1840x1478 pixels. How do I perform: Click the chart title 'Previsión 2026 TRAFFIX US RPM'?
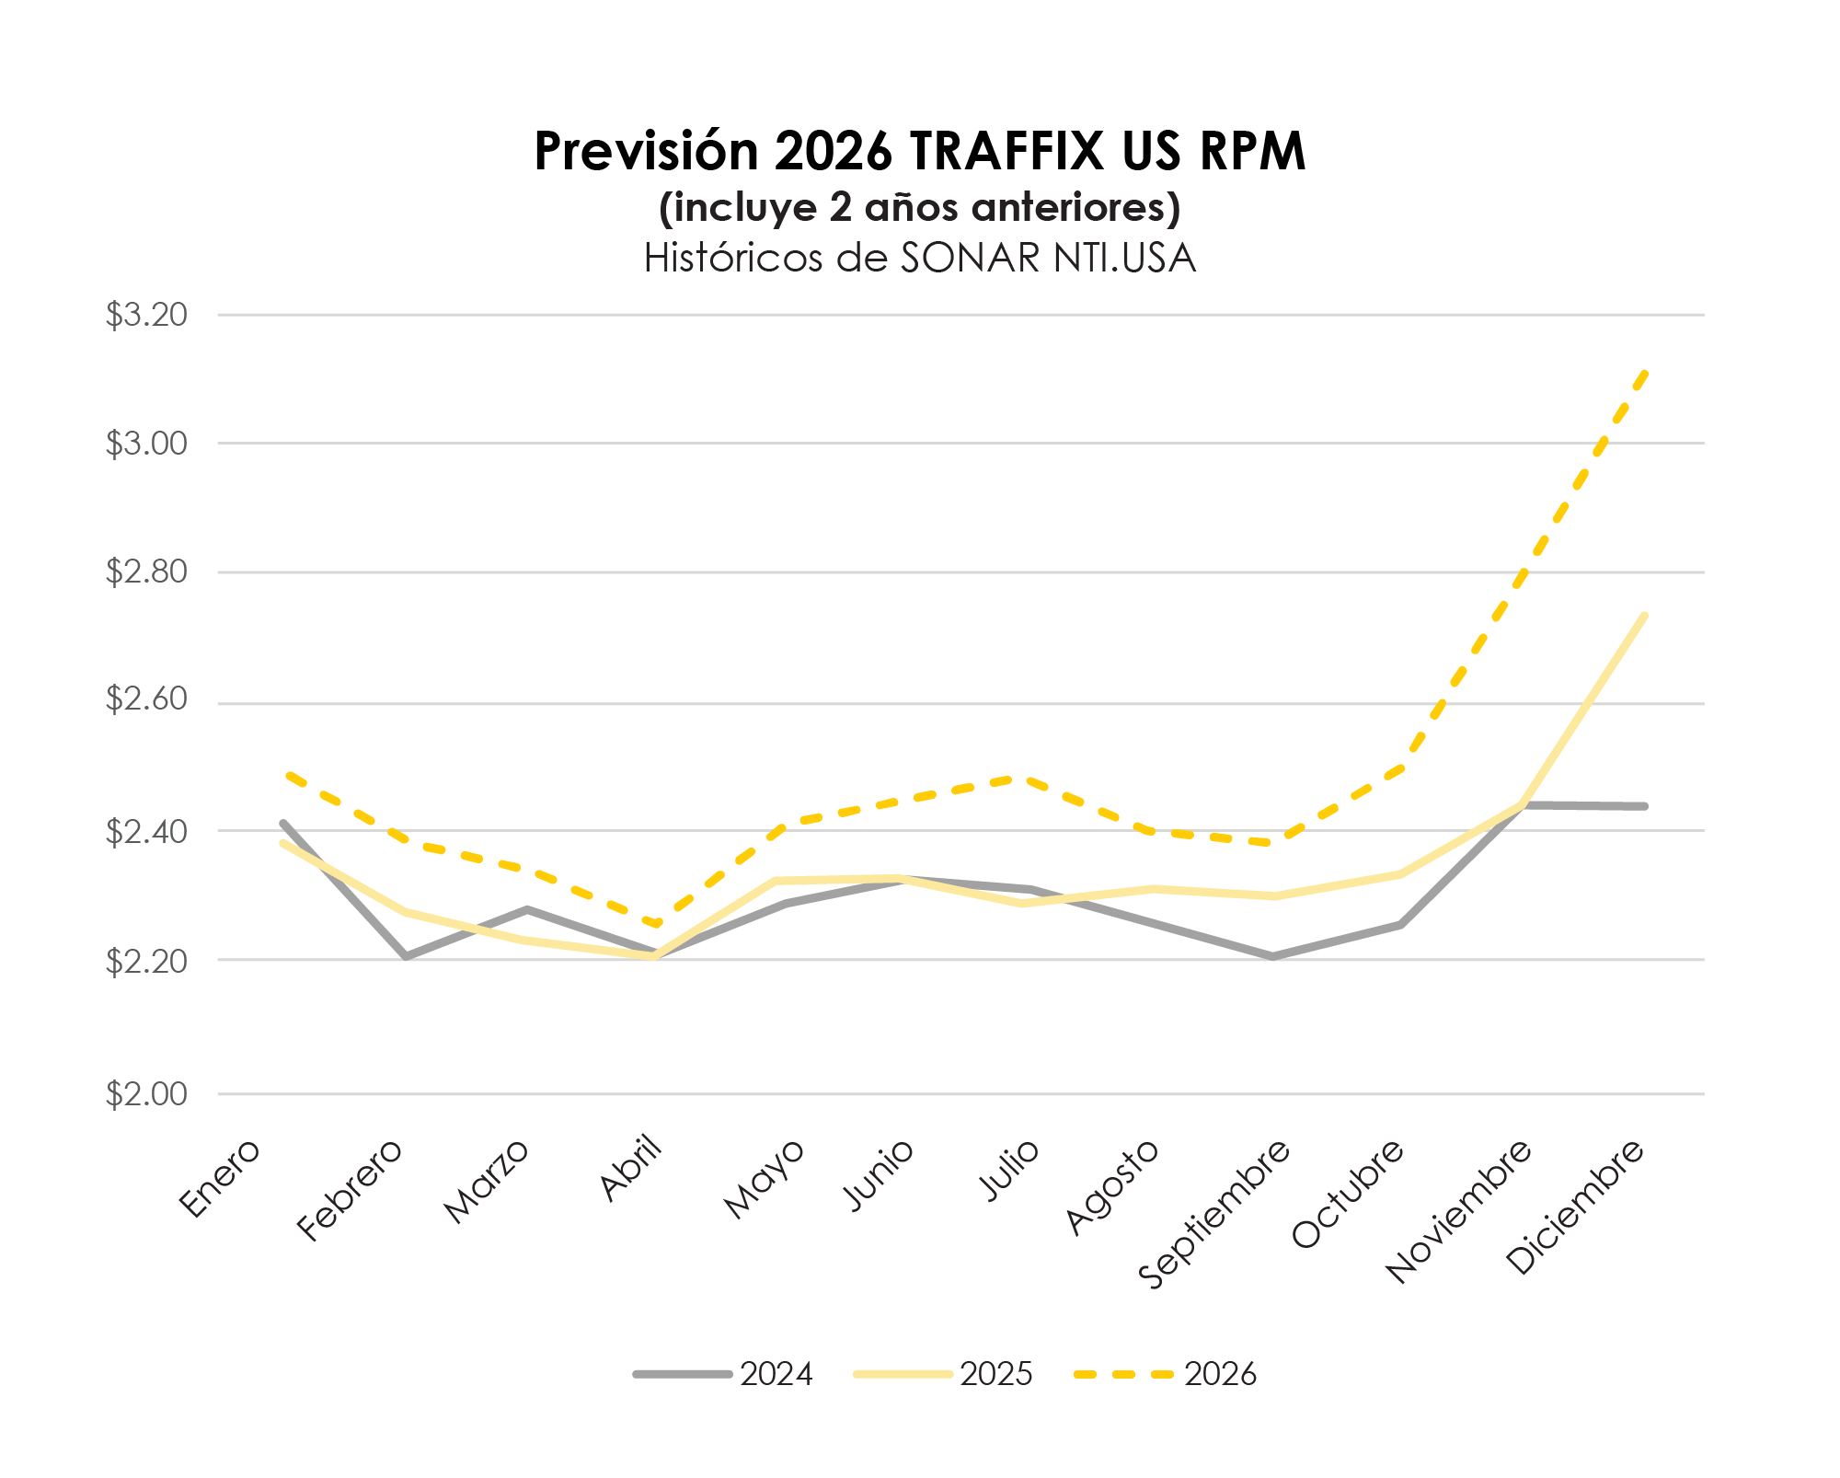click(920, 151)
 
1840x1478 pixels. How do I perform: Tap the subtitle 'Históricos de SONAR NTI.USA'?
click(920, 259)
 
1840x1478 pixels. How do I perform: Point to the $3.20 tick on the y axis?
click(146, 316)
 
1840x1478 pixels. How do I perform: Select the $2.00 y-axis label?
click(146, 1094)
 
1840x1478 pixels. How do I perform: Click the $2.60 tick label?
click(146, 700)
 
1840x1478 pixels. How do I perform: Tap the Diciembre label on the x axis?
click(1576, 1206)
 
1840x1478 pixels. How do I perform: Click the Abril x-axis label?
click(632, 1169)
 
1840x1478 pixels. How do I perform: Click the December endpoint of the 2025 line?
click(1644, 616)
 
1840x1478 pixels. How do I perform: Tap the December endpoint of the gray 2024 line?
click(1644, 806)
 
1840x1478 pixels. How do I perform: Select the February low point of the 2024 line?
click(405, 957)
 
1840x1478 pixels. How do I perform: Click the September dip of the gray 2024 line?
click(1273, 957)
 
